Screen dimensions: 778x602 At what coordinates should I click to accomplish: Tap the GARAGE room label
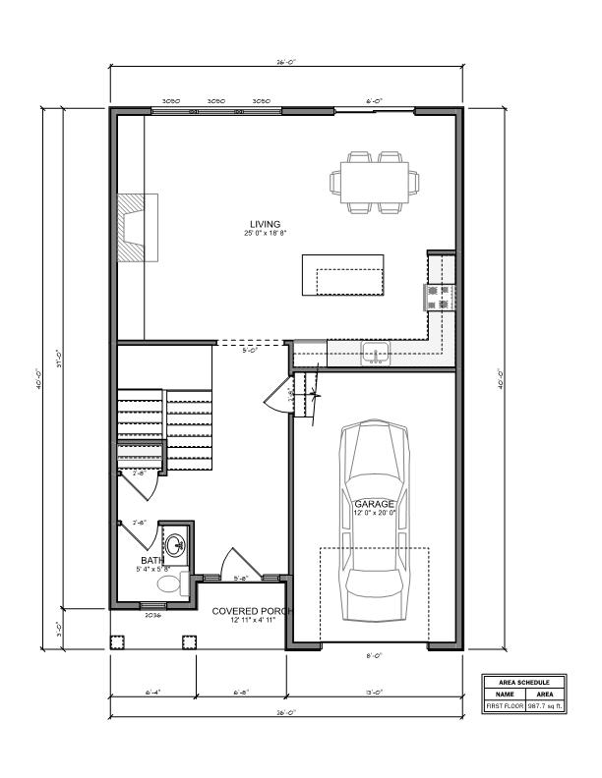point(375,504)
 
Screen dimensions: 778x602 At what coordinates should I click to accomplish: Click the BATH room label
point(152,560)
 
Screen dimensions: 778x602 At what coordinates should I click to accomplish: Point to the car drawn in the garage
point(375,521)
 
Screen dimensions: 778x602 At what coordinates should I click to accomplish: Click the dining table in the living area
point(377,182)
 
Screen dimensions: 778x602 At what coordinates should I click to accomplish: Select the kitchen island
point(343,274)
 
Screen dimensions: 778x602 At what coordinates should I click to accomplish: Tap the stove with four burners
point(439,296)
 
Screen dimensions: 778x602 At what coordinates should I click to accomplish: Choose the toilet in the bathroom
point(171,585)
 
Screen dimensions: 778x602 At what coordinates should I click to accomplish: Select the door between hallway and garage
point(277,399)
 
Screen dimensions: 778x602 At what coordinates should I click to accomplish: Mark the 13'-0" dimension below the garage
point(375,692)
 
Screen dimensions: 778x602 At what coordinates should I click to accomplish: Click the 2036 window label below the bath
point(152,615)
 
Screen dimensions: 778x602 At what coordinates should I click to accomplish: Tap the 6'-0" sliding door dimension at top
point(374,101)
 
